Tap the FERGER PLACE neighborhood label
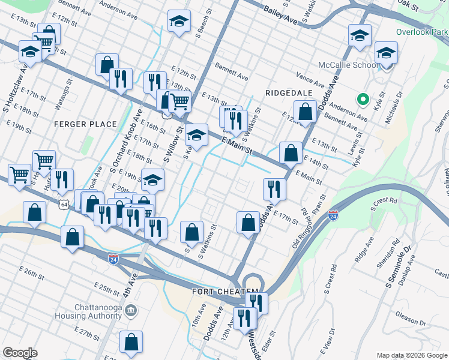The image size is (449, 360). coord(85,124)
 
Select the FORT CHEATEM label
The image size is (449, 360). coord(224,292)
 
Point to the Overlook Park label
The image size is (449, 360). coord(421,32)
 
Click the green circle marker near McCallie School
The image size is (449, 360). coord(362,100)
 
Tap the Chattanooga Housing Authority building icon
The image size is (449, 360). coord(132,311)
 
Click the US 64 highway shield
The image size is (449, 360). coord(64,205)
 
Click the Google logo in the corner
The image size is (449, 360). coord(20,352)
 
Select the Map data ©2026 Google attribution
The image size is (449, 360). coord(411,355)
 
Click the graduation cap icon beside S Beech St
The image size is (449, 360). coord(178,22)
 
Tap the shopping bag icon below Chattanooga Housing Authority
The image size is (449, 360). coord(131,342)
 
